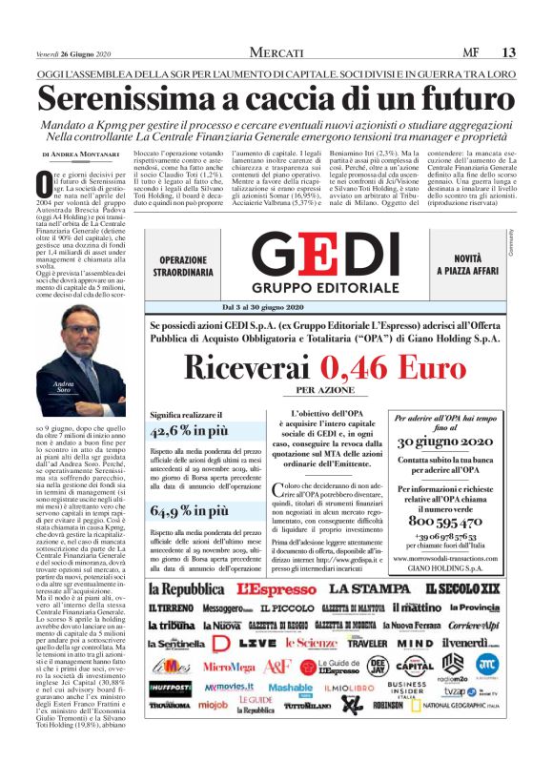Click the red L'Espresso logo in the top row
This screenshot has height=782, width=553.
[275, 587]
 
